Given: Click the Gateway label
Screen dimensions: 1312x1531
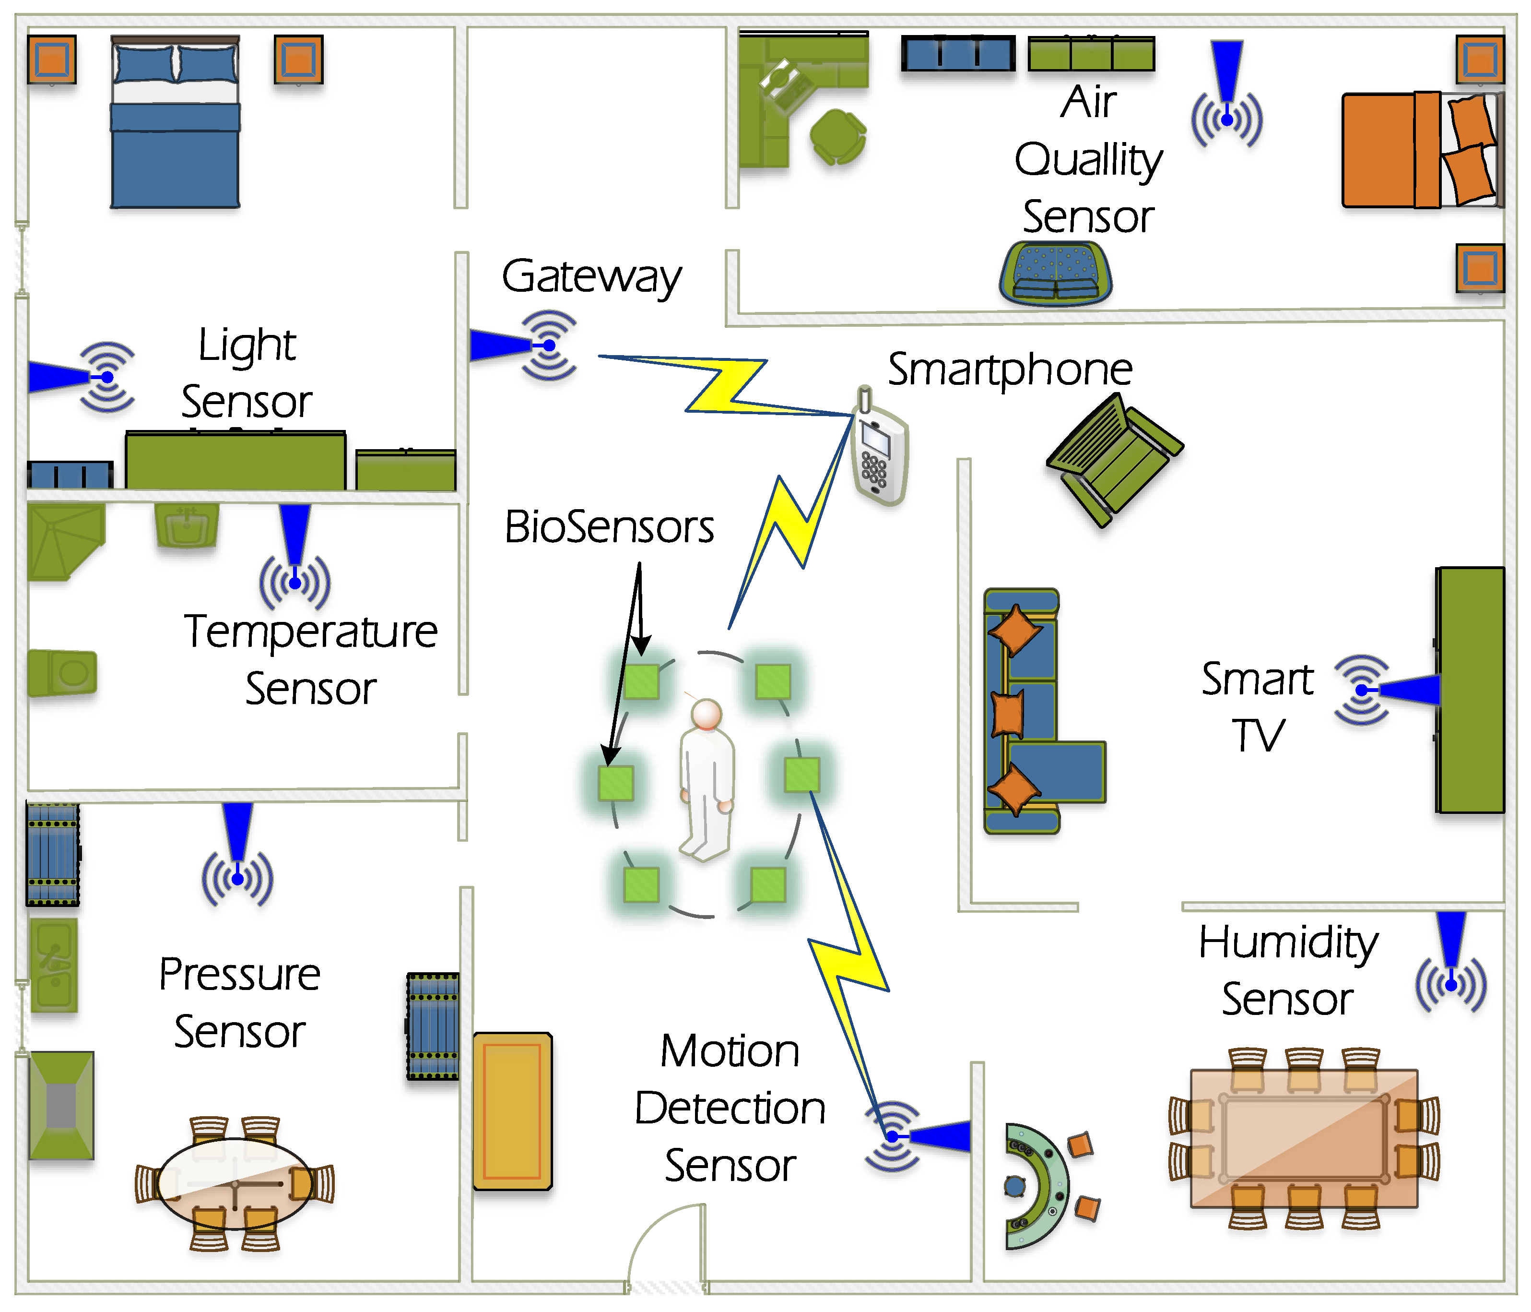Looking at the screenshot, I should pyautogui.click(x=591, y=277).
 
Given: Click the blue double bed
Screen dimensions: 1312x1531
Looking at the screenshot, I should pyautogui.click(x=175, y=126).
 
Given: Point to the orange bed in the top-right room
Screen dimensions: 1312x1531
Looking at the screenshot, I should pyautogui.click(x=1419, y=150).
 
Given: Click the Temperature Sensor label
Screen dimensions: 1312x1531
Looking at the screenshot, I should pyautogui.click(x=310, y=659).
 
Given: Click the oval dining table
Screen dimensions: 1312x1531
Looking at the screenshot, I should pyautogui.click(x=235, y=1182).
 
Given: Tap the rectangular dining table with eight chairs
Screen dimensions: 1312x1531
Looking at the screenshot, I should pyautogui.click(x=1304, y=1138).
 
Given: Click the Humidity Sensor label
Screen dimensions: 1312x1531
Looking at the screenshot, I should pyautogui.click(x=1287, y=970).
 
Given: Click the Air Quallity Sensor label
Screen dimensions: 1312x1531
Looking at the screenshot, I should pyautogui.click(x=1088, y=159).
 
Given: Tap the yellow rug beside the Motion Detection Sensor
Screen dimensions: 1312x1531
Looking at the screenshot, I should pyautogui.click(x=512, y=1111).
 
